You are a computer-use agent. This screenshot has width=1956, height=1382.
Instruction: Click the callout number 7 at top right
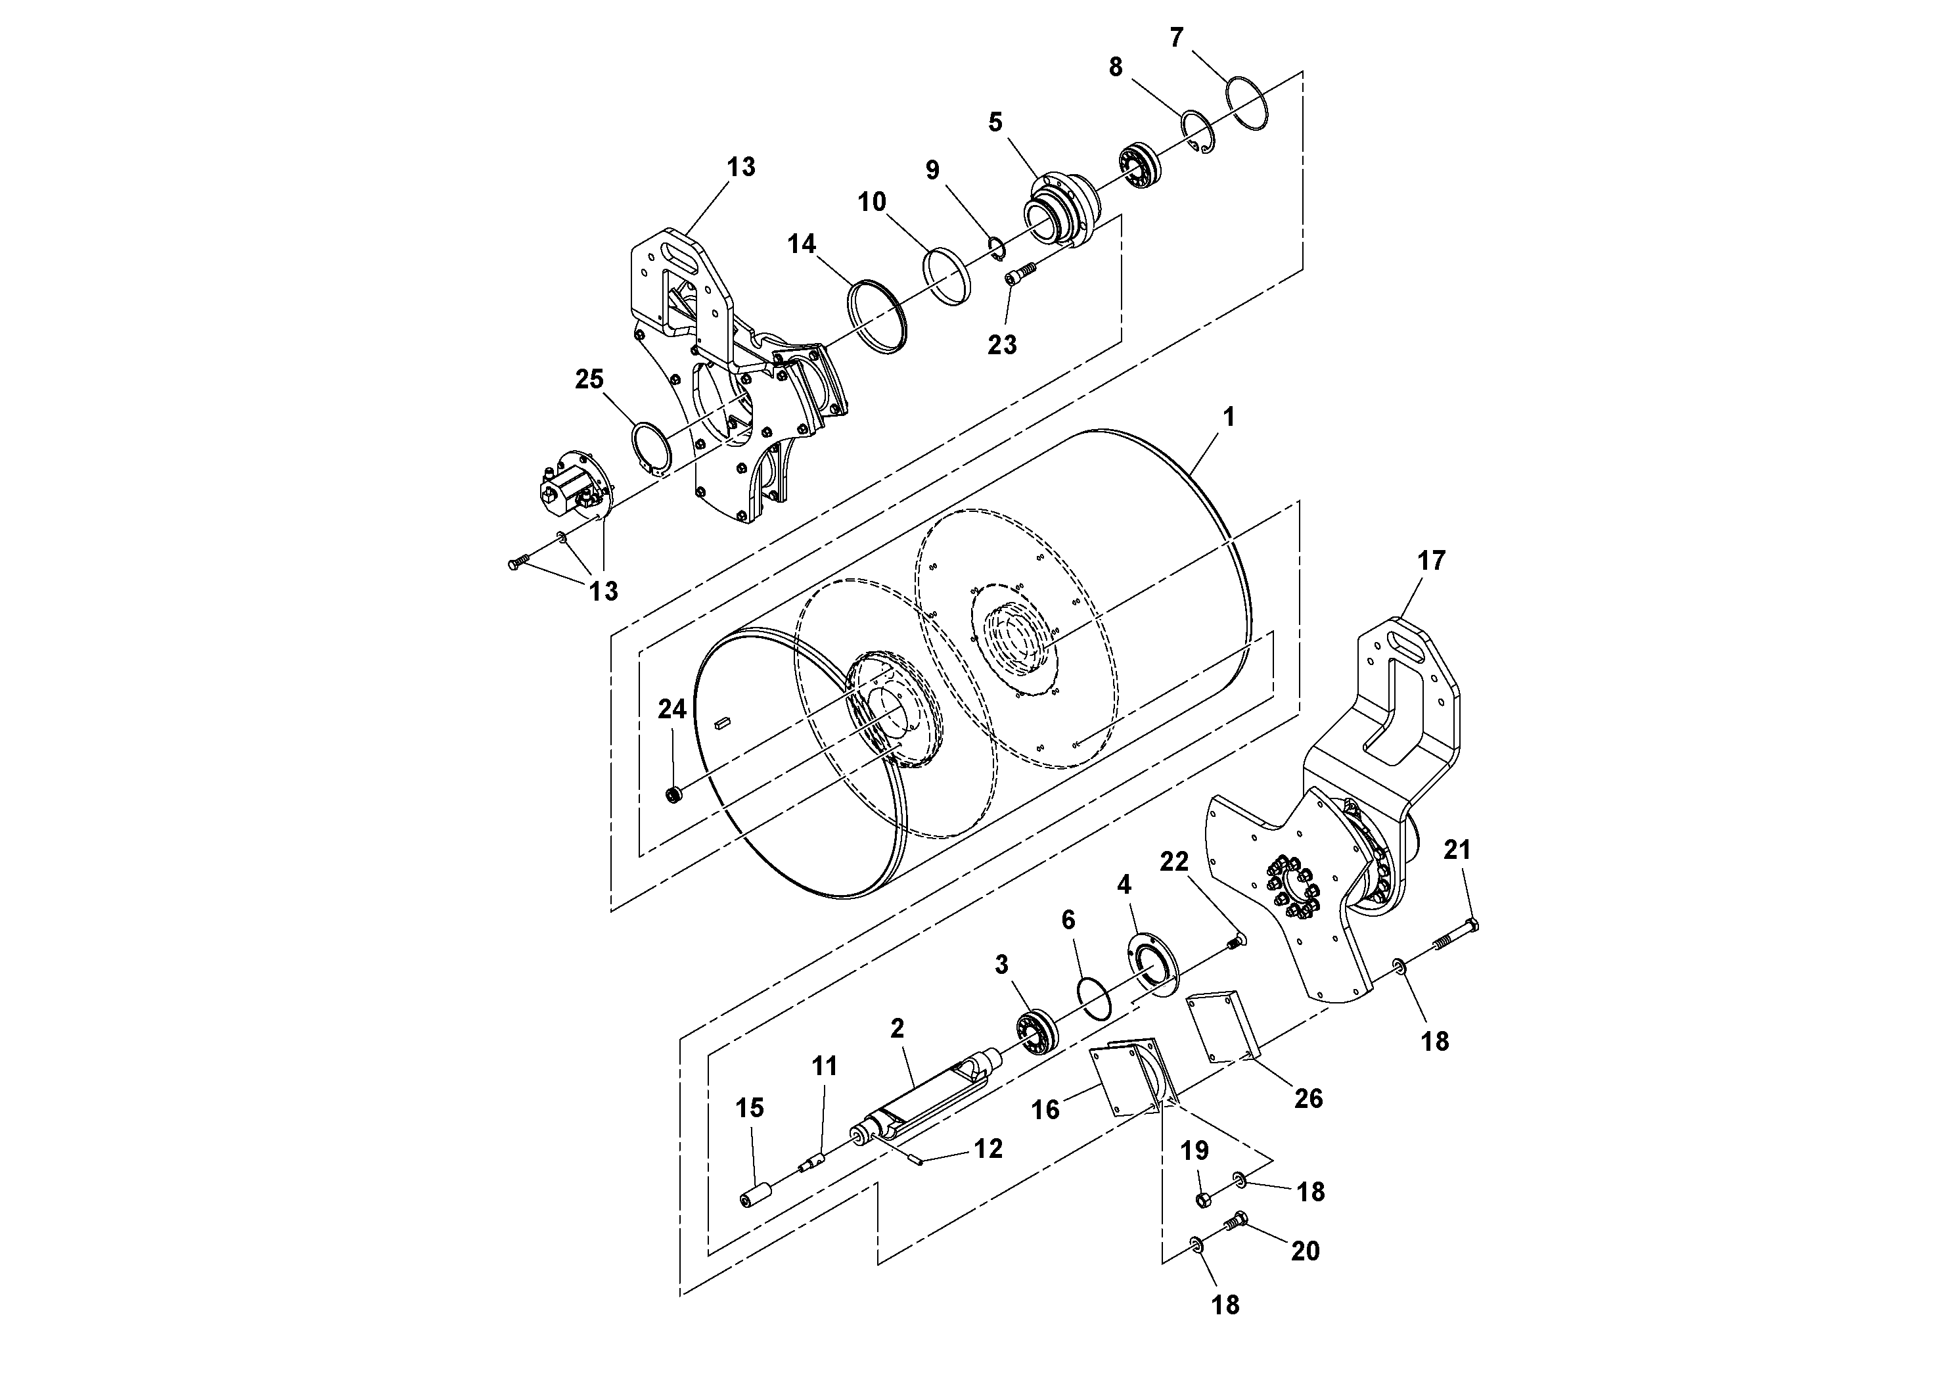coord(1177,38)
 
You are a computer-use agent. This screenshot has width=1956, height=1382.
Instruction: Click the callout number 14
coord(801,244)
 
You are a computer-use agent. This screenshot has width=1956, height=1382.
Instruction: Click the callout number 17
coord(1431,561)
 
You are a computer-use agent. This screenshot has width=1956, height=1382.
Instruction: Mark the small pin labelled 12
coord(917,1160)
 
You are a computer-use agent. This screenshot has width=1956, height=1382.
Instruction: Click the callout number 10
coord(871,202)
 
